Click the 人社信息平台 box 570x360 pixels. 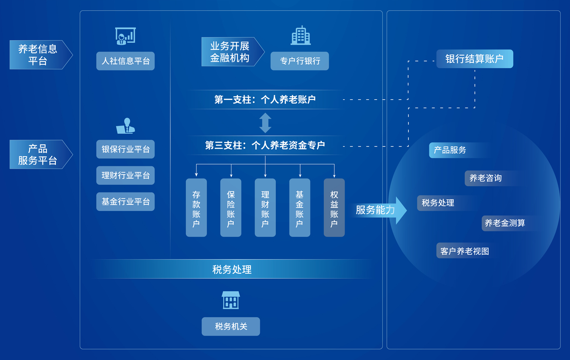125,61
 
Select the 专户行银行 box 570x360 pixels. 299,61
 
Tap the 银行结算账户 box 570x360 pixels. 474,59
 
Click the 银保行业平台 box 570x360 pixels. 125,149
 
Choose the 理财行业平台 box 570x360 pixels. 125,175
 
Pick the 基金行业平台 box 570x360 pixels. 125,201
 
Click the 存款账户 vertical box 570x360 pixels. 196,208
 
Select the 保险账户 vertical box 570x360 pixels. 231,208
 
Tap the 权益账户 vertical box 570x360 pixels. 334,208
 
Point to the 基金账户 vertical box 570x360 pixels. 299,208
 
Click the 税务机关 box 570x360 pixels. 231,326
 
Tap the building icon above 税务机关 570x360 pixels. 231,300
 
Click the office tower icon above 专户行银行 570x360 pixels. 301,36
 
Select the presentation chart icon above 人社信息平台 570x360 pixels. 125,36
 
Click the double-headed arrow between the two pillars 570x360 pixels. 265,123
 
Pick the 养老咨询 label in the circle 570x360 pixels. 485,178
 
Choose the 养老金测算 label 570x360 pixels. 505,223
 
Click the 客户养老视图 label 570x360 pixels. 464,251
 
